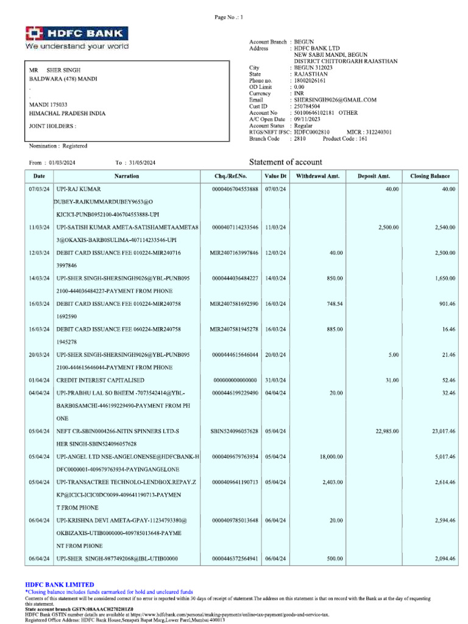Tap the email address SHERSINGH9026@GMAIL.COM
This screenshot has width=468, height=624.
[335, 99]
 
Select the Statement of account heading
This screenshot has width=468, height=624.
[286, 162]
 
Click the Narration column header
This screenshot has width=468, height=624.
[126, 176]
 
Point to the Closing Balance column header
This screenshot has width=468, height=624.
[430, 176]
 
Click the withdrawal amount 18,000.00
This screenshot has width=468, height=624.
[329, 456]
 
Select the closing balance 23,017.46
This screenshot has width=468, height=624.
[443, 431]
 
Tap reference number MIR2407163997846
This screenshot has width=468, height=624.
[234, 252]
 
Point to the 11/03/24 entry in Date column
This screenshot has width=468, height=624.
[39, 227]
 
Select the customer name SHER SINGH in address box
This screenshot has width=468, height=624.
[63, 71]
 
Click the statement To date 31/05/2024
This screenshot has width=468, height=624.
[141, 163]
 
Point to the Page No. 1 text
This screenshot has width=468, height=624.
[229, 17]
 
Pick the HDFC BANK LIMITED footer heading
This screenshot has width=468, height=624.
[59, 584]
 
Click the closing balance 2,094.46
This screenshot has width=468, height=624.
[443, 559]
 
